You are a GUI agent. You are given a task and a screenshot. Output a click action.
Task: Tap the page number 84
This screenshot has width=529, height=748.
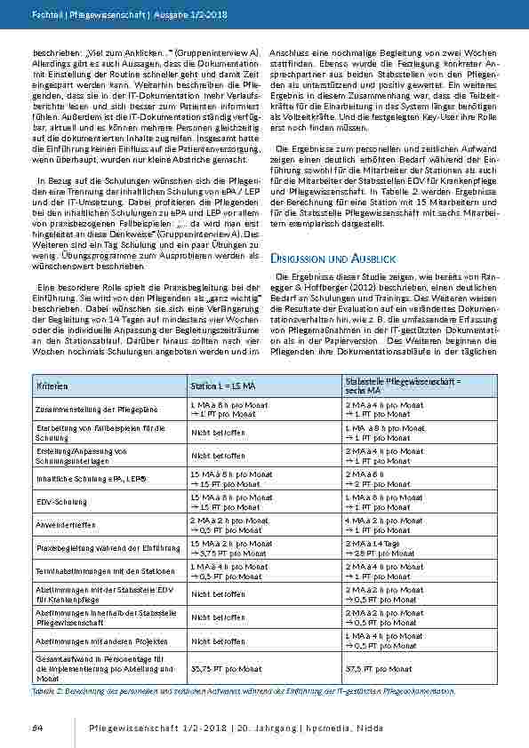(38, 728)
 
